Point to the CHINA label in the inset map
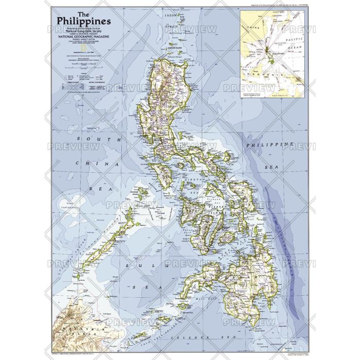point(251,24)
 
